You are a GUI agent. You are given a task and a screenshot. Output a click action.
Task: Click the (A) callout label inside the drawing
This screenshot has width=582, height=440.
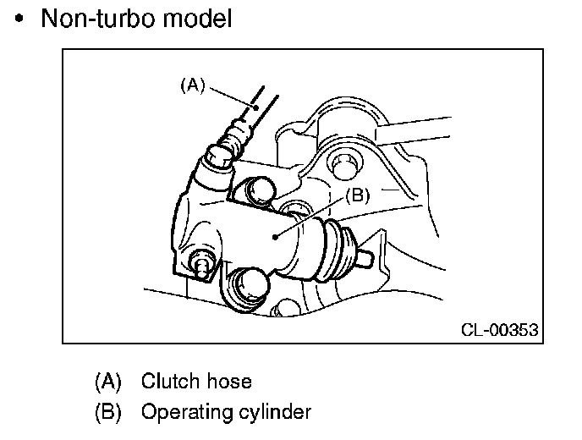pyautogui.click(x=193, y=85)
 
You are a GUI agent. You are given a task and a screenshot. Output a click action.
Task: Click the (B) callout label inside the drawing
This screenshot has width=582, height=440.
pyautogui.click(x=357, y=195)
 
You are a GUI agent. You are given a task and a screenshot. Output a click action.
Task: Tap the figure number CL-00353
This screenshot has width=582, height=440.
pyautogui.click(x=499, y=329)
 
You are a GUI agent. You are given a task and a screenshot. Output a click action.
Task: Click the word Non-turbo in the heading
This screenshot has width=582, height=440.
pyautogui.click(x=93, y=19)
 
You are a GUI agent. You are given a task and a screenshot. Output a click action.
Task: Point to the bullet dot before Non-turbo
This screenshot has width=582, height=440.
pyautogui.click(x=20, y=19)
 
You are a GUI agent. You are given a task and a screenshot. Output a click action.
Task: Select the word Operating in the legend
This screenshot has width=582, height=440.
pyautogui.click(x=183, y=412)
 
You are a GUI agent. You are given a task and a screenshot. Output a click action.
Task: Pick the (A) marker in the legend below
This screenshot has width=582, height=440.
pyautogui.click(x=107, y=382)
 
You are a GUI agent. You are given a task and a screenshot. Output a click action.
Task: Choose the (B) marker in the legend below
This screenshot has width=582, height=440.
pyautogui.click(x=107, y=412)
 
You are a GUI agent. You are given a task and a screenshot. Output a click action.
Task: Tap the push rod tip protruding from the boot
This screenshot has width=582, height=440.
pyautogui.click(x=369, y=255)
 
